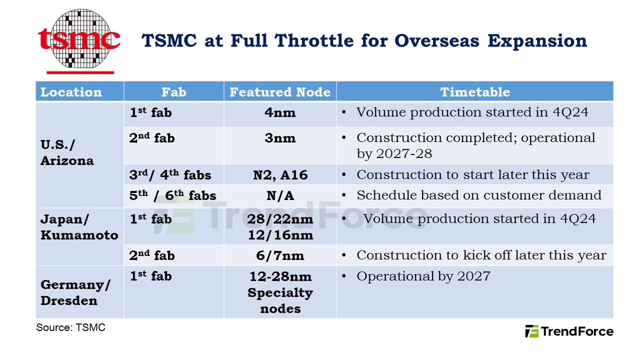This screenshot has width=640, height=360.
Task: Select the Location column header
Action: pyautogui.click(x=71, y=92)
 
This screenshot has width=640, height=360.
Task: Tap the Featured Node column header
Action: pyautogui.click(x=280, y=92)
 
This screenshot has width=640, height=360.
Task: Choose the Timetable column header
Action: pyautogui.click(x=474, y=92)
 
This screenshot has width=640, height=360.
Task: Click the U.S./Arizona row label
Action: pyautogui.click(x=67, y=153)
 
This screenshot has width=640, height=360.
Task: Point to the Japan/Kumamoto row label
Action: pyautogui.click(x=79, y=227)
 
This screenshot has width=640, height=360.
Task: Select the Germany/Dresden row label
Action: pyautogui.click(x=75, y=293)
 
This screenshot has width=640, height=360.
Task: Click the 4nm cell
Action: pyautogui.click(x=280, y=113)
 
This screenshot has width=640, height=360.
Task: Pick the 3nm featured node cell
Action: pyautogui.click(x=280, y=138)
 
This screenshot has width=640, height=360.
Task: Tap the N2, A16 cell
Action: pyautogui.click(x=280, y=175)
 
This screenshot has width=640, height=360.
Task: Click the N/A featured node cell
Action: pyautogui.click(x=280, y=196)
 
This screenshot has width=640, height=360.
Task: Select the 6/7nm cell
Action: pyautogui.click(x=280, y=255)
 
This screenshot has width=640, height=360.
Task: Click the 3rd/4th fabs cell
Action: pyautogui.click(x=170, y=175)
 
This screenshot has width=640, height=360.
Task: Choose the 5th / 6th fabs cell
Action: pyautogui.click(x=172, y=196)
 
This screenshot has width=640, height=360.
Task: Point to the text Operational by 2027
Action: pyautogui.click(x=423, y=276)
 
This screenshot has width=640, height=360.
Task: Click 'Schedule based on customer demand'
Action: pyautogui.click(x=478, y=195)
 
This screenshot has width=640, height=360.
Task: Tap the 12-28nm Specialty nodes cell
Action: pyautogui.click(x=280, y=292)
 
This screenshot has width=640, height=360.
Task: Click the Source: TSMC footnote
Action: pyautogui.click(x=70, y=328)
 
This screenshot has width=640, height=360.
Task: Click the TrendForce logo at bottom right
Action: pyautogui.click(x=569, y=331)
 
